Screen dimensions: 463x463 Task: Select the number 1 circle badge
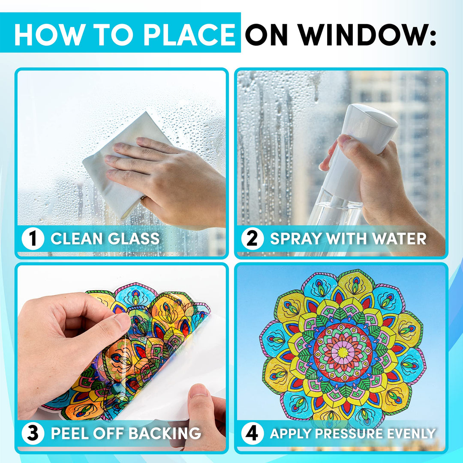click(33, 239)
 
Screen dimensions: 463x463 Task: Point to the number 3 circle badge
click(33, 433)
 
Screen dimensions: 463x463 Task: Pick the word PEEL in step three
click(70, 433)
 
